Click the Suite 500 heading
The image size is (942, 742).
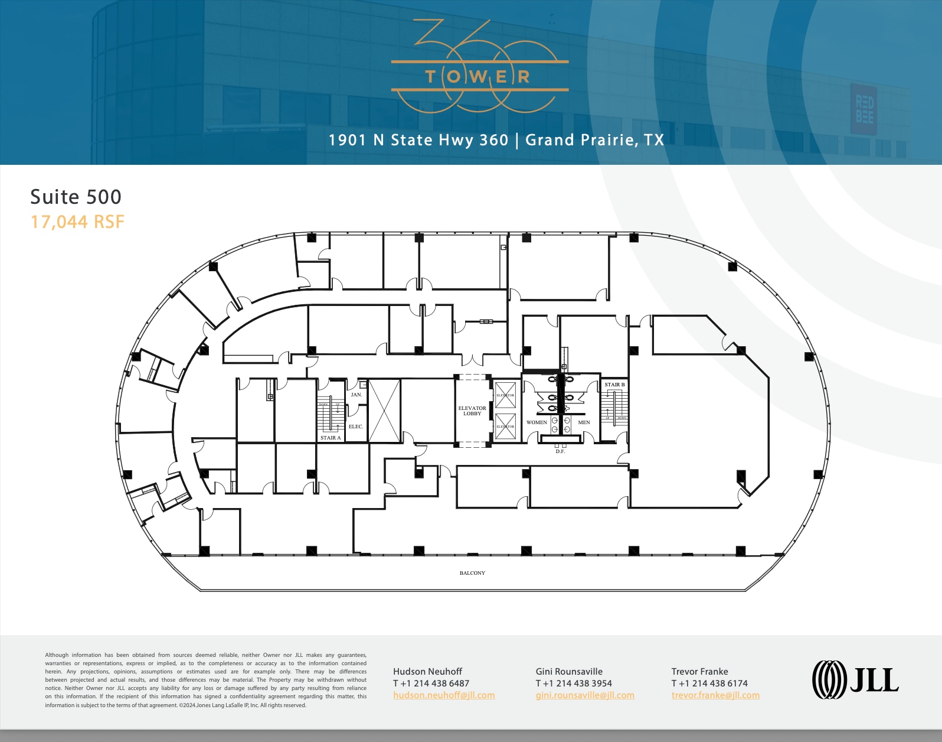click(x=76, y=197)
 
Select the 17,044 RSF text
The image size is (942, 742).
click(x=77, y=222)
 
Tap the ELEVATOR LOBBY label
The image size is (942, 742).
click(x=472, y=411)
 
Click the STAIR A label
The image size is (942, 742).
click(x=331, y=438)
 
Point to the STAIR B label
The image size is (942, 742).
click(x=614, y=385)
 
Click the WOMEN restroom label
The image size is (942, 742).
click(x=537, y=422)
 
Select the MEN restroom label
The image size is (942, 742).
click(x=584, y=422)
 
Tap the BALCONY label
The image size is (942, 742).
click(x=472, y=573)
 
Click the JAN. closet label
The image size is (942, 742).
click(x=356, y=395)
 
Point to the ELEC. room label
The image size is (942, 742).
click(x=356, y=427)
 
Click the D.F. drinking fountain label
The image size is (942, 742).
click(x=560, y=451)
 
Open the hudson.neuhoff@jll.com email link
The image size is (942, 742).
click(x=444, y=695)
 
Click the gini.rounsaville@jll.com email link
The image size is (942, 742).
click(x=585, y=695)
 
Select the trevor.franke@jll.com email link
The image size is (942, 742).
click(x=715, y=695)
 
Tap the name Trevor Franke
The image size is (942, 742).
click(x=699, y=672)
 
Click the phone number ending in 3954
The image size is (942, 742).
click(x=574, y=684)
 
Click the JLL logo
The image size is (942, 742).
click(x=855, y=679)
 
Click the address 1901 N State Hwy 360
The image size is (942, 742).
click(x=418, y=140)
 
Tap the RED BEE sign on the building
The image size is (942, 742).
click(x=865, y=110)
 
